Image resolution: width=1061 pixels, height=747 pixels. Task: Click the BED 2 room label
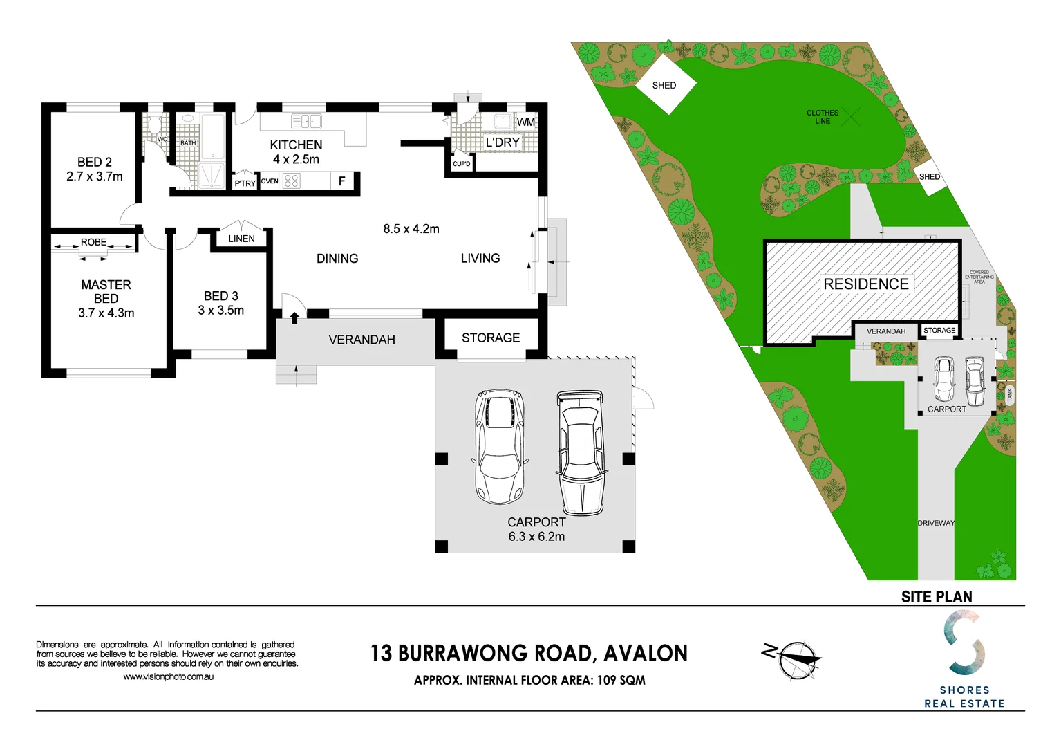click(95, 162)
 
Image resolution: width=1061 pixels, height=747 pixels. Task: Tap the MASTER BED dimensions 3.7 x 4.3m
click(106, 313)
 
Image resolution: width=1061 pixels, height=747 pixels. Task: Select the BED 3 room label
click(221, 296)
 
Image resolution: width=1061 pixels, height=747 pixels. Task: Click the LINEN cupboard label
click(242, 239)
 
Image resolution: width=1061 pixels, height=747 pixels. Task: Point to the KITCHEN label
click(296, 145)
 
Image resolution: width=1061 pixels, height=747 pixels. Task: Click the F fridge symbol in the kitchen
click(341, 181)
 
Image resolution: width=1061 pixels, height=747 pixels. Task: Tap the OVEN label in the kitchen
click(270, 181)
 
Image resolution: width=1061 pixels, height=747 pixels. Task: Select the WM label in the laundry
click(526, 122)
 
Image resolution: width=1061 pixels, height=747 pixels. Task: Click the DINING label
click(337, 259)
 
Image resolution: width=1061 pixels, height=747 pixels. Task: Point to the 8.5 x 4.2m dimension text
click(411, 229)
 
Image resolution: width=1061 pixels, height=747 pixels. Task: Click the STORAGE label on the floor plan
click(491, 338)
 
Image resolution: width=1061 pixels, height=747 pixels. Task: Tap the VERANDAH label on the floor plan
click(362, 340)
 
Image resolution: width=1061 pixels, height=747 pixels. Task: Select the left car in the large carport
click(500, 446)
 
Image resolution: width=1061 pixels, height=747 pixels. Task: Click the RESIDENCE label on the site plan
click(866, 284)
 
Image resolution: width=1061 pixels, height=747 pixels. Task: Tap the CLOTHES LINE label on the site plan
click(823, 117)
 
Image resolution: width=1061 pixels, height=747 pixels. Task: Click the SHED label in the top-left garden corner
click(664, 85)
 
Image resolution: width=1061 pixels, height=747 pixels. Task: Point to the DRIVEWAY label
click(936, 523)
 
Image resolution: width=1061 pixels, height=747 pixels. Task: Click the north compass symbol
click(795, 659)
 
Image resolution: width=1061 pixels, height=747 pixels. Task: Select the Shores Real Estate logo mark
click(964, 643)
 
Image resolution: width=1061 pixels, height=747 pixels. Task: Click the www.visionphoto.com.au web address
click(168, 676)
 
